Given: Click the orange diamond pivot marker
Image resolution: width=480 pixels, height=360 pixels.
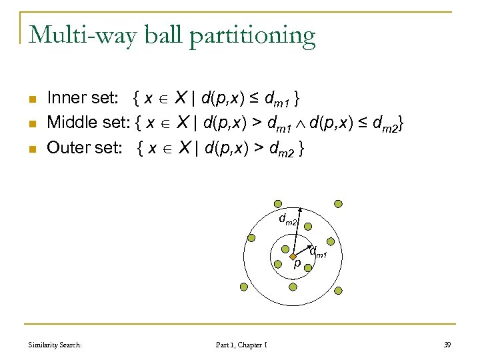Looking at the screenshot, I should coord(293,256).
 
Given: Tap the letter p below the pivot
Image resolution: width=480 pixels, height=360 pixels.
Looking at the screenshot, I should coord(297,263).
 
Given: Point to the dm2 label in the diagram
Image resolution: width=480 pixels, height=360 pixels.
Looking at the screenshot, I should coord(287,219).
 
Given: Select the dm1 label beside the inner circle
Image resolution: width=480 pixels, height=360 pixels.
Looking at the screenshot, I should coord(318,252).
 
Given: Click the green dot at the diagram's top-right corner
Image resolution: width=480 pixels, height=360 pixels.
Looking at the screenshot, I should coord(338,203).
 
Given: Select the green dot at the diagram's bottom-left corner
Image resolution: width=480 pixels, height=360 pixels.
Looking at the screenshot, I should coord(243,287).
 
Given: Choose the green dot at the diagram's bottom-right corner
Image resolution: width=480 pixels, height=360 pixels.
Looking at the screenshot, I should coord(338,290).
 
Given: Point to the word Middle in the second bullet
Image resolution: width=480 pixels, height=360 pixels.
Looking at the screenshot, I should coord(72,123).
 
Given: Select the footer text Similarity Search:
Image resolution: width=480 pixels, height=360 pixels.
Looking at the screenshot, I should coord(55,345).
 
